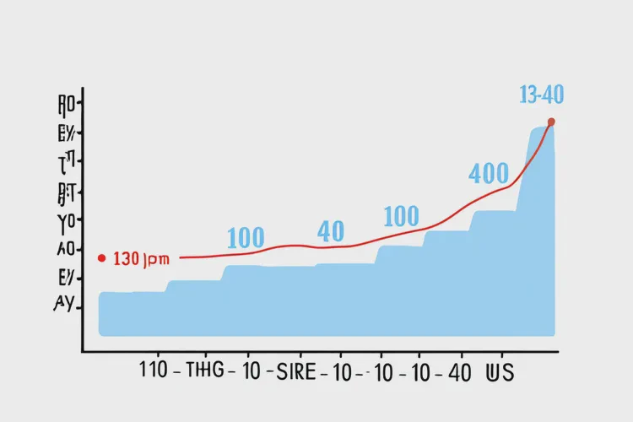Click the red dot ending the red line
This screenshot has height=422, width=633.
551,122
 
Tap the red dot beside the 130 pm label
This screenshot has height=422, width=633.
101,257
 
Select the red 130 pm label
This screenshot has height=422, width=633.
141,259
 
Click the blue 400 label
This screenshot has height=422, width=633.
488,174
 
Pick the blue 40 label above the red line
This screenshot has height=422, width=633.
331,230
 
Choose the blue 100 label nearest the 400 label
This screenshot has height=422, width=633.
401,217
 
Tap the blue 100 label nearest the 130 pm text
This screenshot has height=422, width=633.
246,236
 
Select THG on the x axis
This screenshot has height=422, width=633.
203,371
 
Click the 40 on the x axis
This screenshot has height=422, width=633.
460,371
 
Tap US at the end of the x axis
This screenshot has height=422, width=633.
500,371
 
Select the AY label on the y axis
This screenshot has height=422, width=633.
64,306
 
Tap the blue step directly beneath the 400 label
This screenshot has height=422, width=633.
493,270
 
